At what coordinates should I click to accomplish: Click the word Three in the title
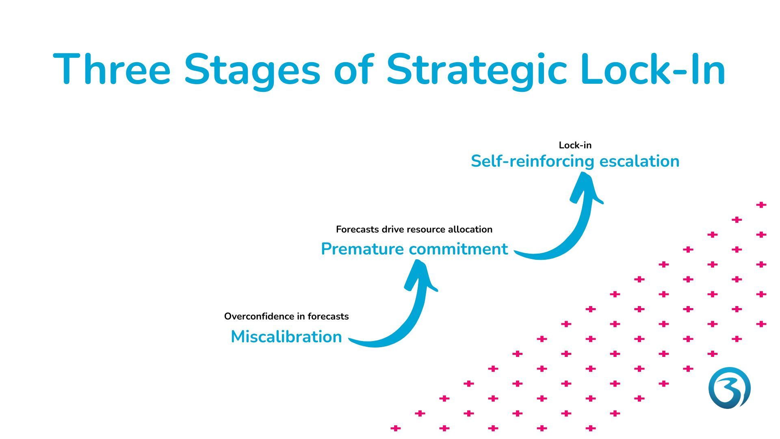point(112,69)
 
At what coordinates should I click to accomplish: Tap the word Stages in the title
point(252,71)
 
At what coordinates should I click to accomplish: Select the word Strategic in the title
point(476,71)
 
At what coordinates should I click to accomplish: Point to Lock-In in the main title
point(653,69)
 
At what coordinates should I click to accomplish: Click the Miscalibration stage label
point(286,337)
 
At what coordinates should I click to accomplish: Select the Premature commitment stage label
point(414,249)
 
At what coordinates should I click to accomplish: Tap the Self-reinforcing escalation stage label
point(575,161)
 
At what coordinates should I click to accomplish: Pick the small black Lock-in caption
point(575,145)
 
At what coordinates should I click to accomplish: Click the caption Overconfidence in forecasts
point(286,316)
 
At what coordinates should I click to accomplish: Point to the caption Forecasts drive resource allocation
point(414,229)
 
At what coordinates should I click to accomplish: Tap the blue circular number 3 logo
point(730,388)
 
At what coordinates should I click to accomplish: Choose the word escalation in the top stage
point(639,161)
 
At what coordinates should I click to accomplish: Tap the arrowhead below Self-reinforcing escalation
point(586,187)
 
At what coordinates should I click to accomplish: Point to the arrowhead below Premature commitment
point(420,275)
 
